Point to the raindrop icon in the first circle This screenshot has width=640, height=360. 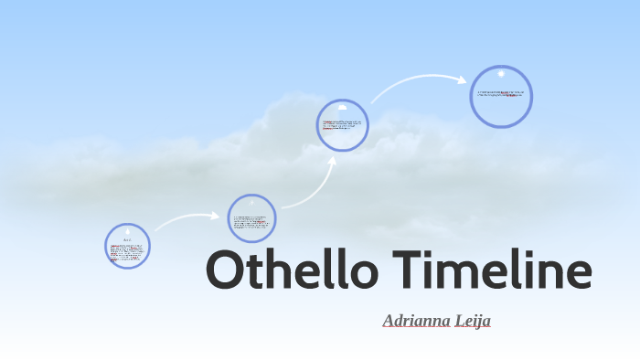128,232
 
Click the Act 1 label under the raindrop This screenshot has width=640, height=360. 128,240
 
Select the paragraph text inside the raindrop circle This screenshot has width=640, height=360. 127,251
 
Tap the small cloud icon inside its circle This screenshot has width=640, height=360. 343,108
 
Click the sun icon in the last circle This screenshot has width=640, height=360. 501,74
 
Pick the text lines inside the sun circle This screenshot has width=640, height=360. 501,93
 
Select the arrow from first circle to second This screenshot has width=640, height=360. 187,220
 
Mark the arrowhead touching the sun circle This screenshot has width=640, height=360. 463,79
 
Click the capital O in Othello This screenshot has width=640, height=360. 226,272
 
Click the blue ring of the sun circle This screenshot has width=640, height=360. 530,97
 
